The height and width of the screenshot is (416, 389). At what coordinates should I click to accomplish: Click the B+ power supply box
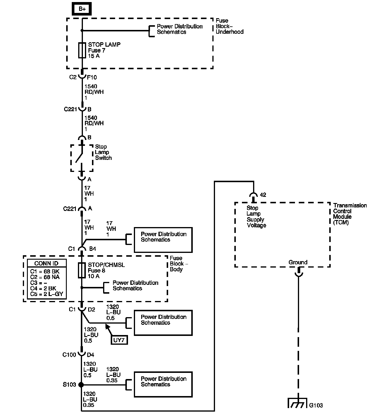coord(82,9)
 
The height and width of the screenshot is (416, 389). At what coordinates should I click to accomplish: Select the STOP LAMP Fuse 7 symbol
coord(82,50)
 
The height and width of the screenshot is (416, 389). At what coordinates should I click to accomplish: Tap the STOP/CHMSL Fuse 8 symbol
coord(82,270)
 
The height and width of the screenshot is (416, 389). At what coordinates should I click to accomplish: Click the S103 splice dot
coord(81,385)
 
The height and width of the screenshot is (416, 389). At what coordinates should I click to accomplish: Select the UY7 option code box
coord(119,340)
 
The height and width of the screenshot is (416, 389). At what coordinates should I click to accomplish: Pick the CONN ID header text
coord(47,263)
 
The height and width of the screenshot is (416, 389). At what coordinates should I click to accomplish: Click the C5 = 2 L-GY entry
coord(47,294)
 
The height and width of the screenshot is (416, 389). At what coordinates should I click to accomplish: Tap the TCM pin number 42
coord(263,195)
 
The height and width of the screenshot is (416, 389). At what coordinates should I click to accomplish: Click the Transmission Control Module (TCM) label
coord(350,214)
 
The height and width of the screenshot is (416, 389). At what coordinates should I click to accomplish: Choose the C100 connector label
coord(69,355)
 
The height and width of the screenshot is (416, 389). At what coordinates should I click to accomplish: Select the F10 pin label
coord(92,77)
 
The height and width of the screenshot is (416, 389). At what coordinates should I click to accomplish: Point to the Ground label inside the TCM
coord(298,262)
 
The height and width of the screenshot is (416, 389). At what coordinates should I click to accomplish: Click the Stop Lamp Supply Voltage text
coord(256,217)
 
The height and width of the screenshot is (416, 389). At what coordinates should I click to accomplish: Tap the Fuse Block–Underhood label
coord(229,26)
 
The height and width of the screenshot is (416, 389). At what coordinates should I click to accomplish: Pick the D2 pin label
coord(91,309)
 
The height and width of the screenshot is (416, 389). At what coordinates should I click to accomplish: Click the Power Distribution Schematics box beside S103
coord(163,385)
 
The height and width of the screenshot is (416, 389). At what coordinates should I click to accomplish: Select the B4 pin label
coord(93,249)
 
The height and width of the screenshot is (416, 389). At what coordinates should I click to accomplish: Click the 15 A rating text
coord(94,56)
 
